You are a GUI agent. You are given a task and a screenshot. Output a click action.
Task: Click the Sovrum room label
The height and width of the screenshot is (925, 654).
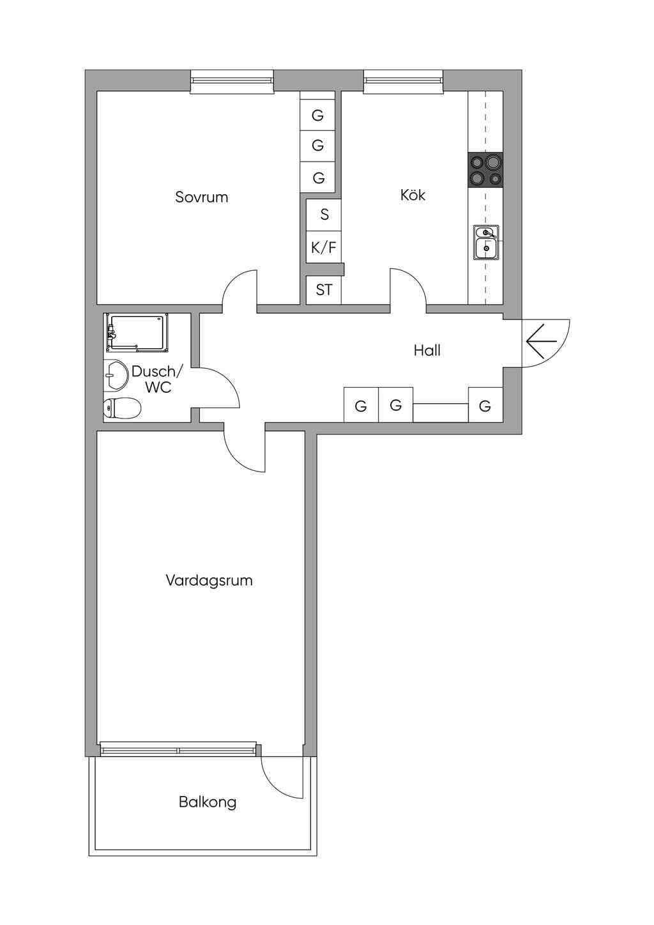click(x=201, y=197)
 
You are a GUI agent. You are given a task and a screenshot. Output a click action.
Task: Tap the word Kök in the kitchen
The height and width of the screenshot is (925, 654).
click(x=413, y=195)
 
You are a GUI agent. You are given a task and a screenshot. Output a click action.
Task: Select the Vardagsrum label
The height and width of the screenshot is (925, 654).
click(x=209, y=581)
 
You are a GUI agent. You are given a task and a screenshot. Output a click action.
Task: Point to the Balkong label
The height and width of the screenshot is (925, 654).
click(x=208, y=802)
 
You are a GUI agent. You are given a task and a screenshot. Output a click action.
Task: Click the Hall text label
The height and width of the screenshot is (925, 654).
click(x=427, y=351)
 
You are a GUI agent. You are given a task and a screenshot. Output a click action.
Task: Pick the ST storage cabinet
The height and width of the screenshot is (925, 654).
click(x=324, y=290)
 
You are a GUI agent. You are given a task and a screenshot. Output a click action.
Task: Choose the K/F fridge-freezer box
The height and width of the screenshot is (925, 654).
click(x=324, y=247)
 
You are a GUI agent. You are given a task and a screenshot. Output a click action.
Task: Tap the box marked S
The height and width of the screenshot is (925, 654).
click(x=324, y=215)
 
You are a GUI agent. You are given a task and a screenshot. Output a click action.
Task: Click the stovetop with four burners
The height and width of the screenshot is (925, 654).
click(x=485, y=170)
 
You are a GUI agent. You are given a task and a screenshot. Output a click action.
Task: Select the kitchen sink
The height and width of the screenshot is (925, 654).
click(x=486, y=242)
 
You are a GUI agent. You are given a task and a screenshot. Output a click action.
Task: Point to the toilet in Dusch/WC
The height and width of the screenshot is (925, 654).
click(x=122, y=408)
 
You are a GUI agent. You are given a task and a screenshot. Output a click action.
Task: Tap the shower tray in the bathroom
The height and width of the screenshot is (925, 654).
click(x=137, y=333)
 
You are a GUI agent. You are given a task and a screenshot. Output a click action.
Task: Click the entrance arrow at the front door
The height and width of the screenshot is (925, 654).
click(x=542, y=341)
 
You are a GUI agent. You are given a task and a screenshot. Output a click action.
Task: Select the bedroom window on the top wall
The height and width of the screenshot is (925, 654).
click(x=232, y=82)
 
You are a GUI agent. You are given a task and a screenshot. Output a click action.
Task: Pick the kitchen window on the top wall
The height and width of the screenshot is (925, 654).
click(x=404, y=82)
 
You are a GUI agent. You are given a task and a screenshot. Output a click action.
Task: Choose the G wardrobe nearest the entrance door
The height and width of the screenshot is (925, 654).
click(x=485, y=405)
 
